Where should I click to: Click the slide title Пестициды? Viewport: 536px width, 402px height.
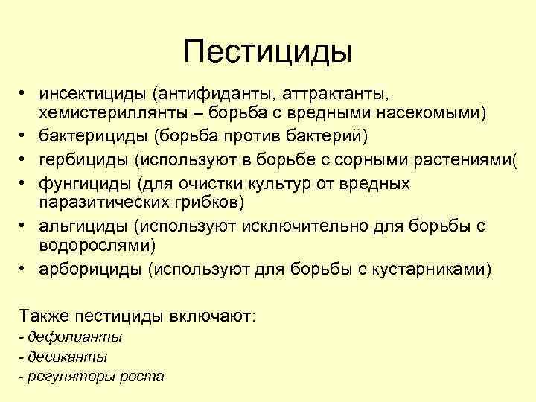click(268, 51)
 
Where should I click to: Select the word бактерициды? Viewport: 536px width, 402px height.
click(90, 135)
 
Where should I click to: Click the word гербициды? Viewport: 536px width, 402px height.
click(82, 159)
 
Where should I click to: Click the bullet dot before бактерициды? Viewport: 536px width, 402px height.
click(24, 135)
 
